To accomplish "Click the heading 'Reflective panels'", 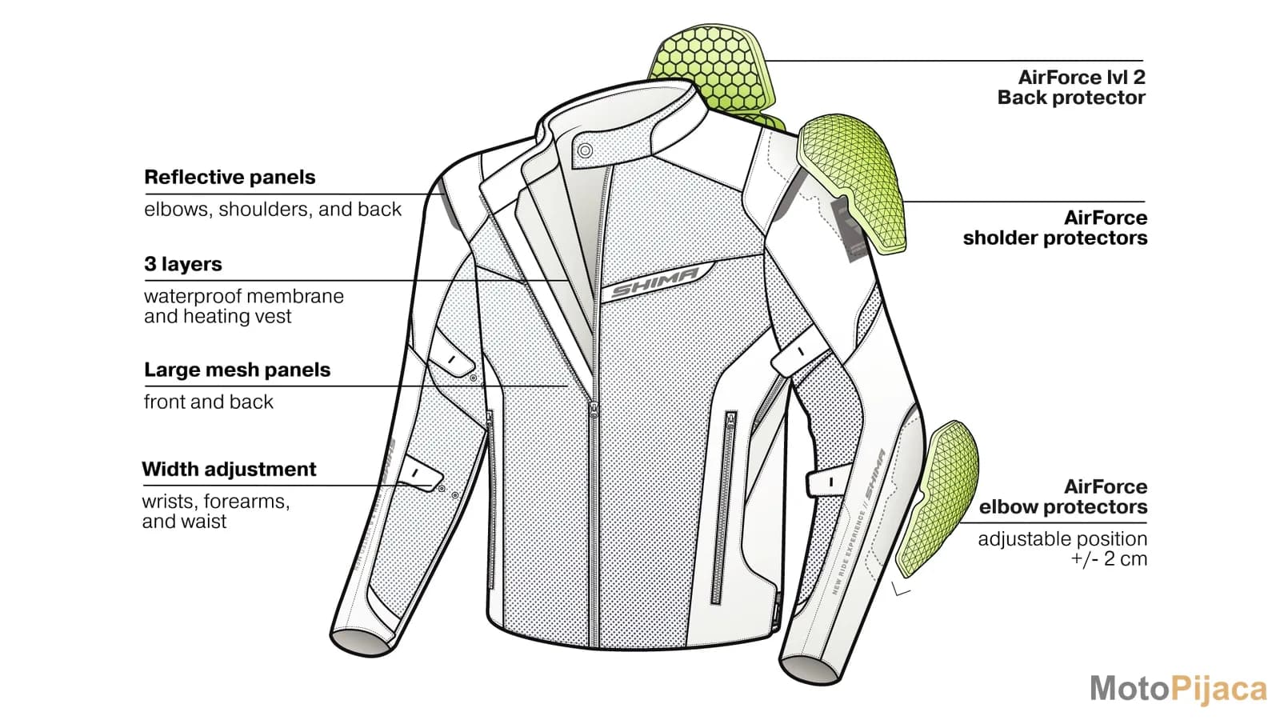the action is [x=230, y=177].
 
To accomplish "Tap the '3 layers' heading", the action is [x=183, y=264].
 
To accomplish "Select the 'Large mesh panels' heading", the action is [x=237, y=370].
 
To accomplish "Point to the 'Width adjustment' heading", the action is [x=229, y=469].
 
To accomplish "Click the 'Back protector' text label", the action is [x=1071, y=98].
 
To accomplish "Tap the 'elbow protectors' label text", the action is [x=1063, y=507].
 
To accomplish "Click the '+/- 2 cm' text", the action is [x=1109, y=559].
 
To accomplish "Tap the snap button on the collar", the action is [x=585, y=151].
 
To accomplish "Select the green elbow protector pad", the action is [x=937, y=497].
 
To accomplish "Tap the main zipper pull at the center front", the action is [x=594, y=409].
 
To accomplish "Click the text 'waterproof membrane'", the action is [x=244, y=297].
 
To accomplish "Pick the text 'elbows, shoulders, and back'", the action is [x=273, y=209].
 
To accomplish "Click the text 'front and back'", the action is [x=209, y=402].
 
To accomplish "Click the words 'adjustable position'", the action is [x=1062, y=539].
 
